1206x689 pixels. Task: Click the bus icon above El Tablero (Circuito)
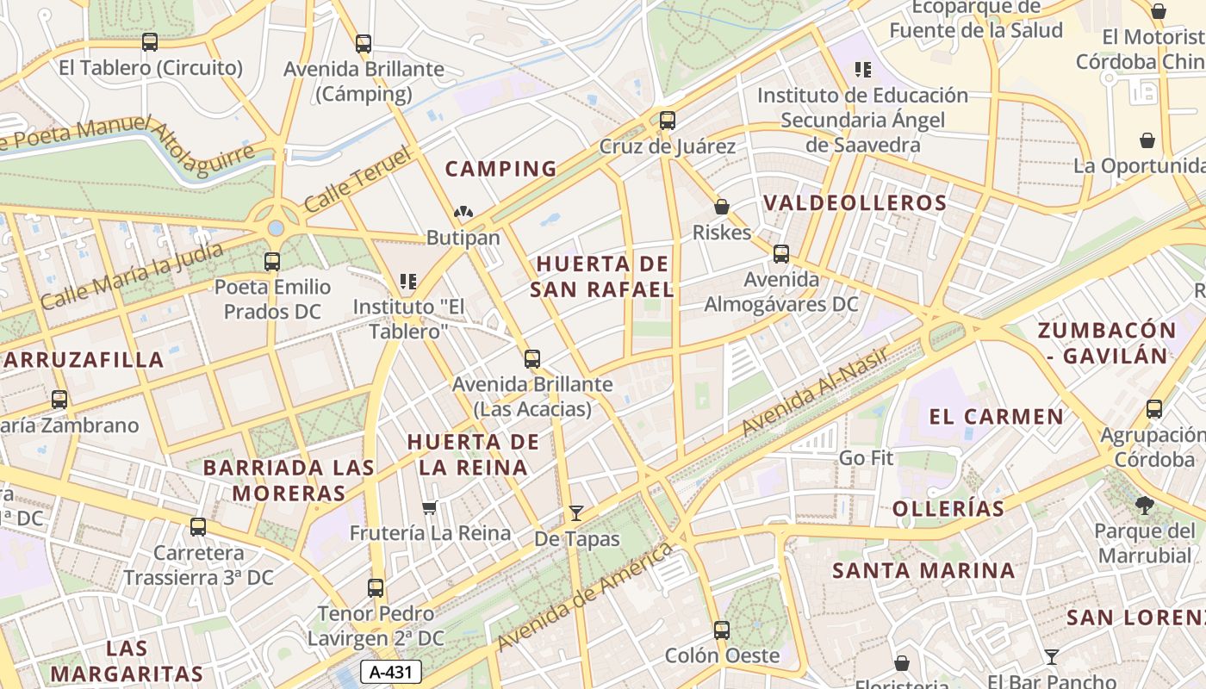(150, 41)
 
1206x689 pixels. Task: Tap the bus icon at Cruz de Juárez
(667, 121)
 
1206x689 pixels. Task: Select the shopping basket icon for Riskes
(722, 207)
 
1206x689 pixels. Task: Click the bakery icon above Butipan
(463, 212)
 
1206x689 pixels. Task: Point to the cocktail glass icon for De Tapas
(575, 513)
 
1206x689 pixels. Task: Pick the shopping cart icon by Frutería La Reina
(430, 507)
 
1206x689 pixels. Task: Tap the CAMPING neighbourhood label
(500, 169)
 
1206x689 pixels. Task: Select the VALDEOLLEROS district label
(855, 203)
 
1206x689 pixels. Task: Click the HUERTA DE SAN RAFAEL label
(601, 276)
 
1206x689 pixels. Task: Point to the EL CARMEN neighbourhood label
(996, 417)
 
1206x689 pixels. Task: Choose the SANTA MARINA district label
(923, 570)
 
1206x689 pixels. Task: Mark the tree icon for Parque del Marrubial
(1144, 506)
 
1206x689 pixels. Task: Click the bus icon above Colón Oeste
(722, 630)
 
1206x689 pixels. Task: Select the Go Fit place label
(866, 458)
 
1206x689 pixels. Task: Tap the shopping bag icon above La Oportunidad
(1147, 140)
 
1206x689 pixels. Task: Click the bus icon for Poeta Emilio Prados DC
(272, 261)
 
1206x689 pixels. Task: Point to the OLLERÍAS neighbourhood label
(948, 508)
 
